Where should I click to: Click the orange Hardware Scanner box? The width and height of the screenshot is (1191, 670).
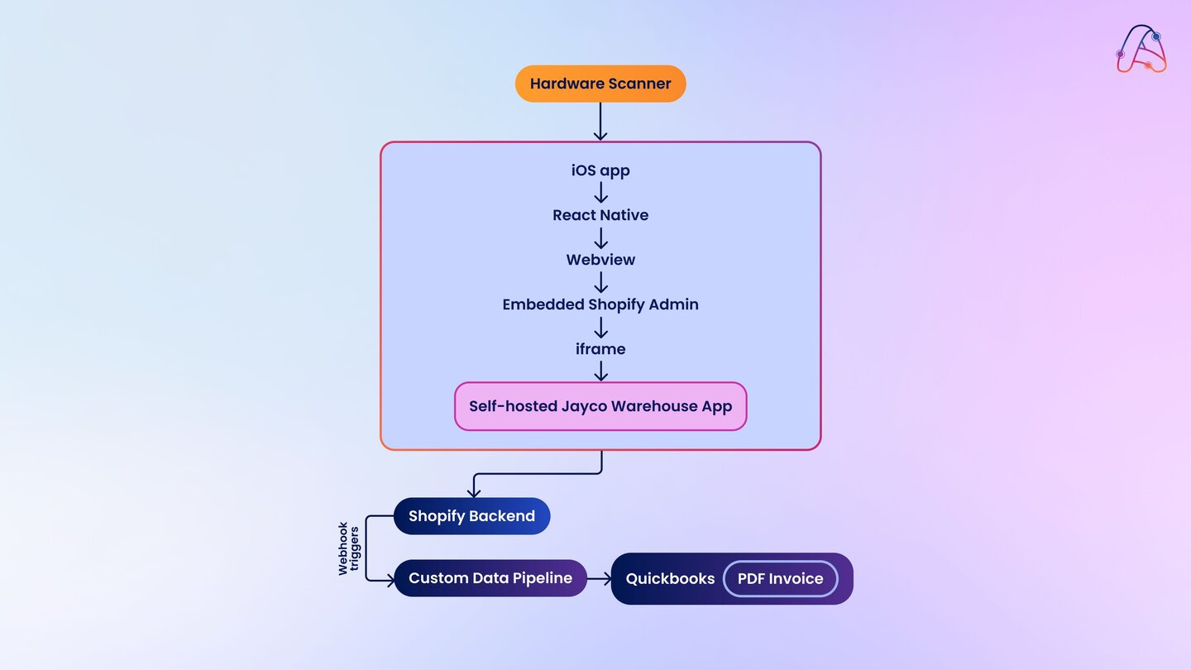coord(600,84)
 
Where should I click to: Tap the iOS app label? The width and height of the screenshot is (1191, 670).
coord(600,170)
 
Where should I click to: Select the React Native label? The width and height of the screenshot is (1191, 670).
coord(600,215)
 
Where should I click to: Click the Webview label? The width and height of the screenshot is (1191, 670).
coord(600,260)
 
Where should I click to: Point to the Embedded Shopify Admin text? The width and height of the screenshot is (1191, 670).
coord(600,304)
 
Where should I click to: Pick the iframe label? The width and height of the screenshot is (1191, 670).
coord(600,349)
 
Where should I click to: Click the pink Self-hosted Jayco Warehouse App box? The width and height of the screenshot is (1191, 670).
coord(600,406)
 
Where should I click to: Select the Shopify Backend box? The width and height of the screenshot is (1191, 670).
coord(471,516)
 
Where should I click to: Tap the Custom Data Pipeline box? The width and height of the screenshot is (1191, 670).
coord(490,578)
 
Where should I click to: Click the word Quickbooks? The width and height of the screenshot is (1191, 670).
coord(670,579)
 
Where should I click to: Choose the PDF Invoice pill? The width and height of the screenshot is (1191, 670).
coord(780,579)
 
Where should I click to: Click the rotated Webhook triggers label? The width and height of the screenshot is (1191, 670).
coord(349,548)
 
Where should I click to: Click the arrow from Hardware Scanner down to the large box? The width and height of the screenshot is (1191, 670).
coord(600,122)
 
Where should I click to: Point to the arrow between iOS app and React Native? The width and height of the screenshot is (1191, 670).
coord(600,193)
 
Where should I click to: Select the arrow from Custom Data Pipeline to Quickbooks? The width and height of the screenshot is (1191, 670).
coord(599,578)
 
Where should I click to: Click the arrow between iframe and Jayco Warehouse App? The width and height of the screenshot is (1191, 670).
coord(600,371)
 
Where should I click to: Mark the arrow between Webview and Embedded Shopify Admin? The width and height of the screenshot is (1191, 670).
coord(600,282)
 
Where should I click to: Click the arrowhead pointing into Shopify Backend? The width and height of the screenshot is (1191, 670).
coord(474,492)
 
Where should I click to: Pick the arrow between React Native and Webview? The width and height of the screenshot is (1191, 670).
coord(600,237)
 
